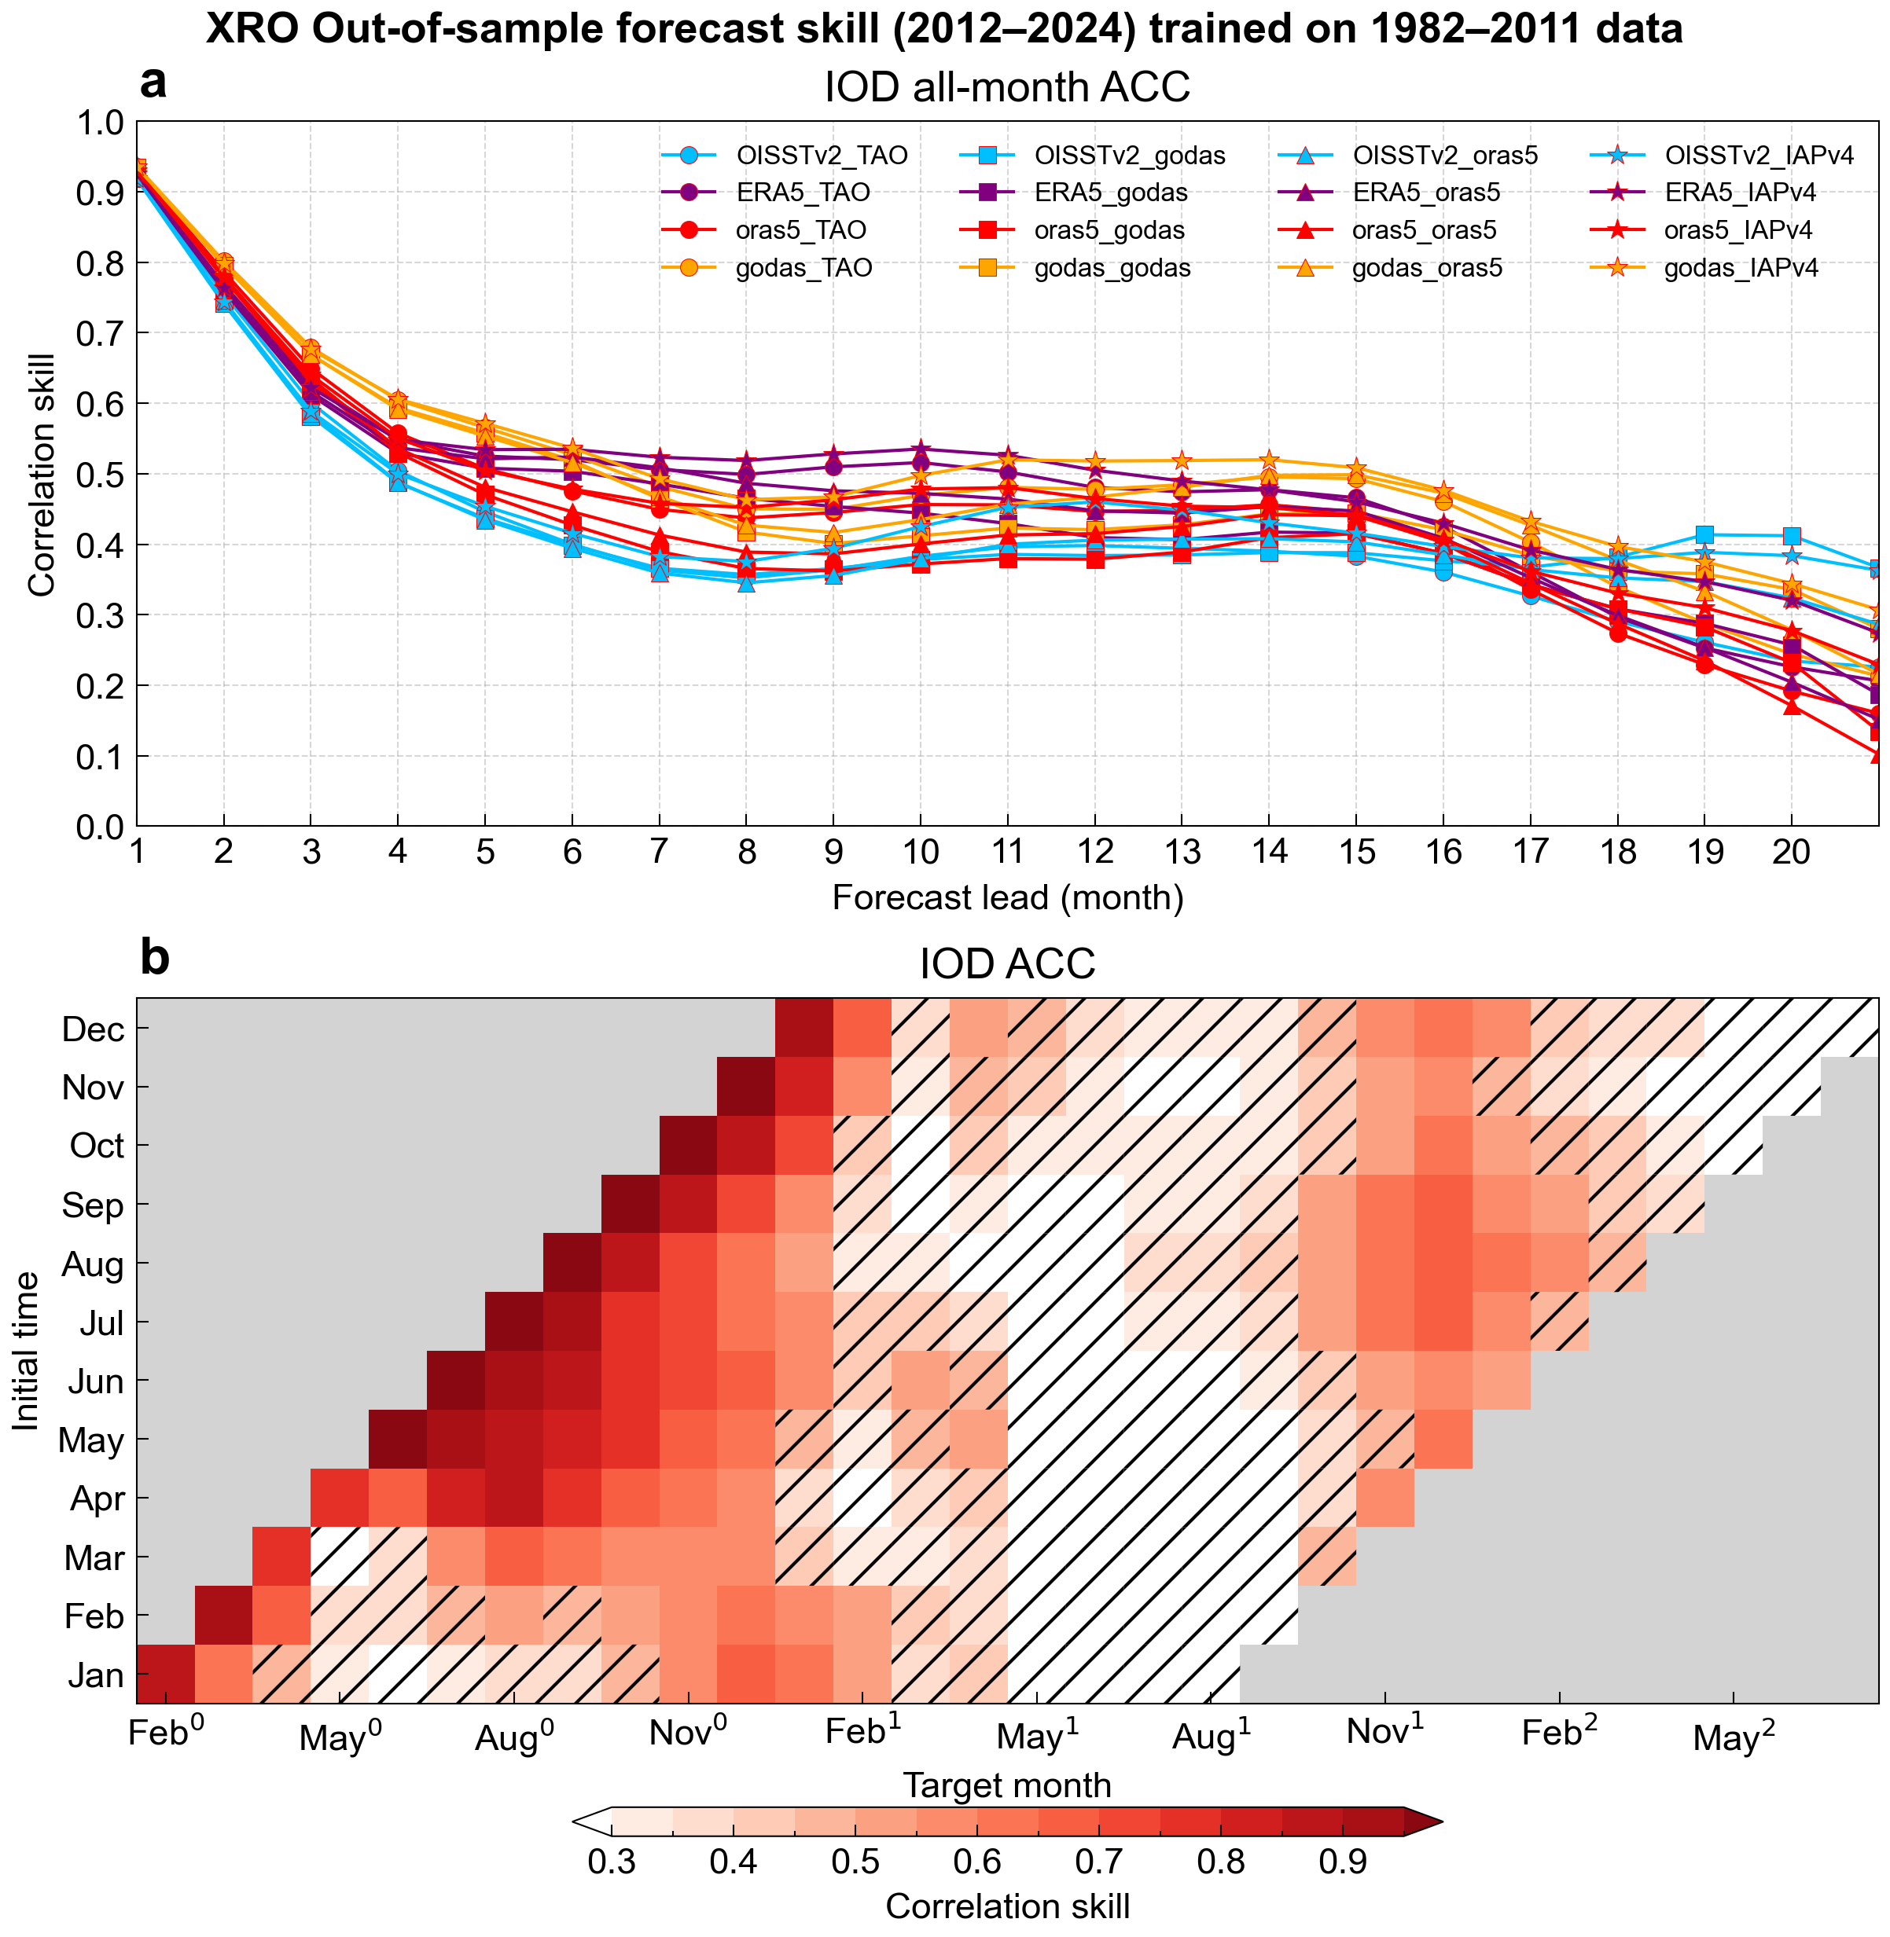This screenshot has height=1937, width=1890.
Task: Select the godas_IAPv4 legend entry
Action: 1740,268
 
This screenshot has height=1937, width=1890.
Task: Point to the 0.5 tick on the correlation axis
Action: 98,475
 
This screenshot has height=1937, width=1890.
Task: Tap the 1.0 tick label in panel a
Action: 98,123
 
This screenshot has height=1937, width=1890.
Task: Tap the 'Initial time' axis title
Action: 28,1351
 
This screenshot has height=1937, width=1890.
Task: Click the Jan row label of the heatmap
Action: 95,1676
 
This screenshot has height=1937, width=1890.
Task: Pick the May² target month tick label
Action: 1734,1737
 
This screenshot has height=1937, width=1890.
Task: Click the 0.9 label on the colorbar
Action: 1343,1862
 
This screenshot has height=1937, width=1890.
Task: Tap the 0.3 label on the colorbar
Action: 612,1862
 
